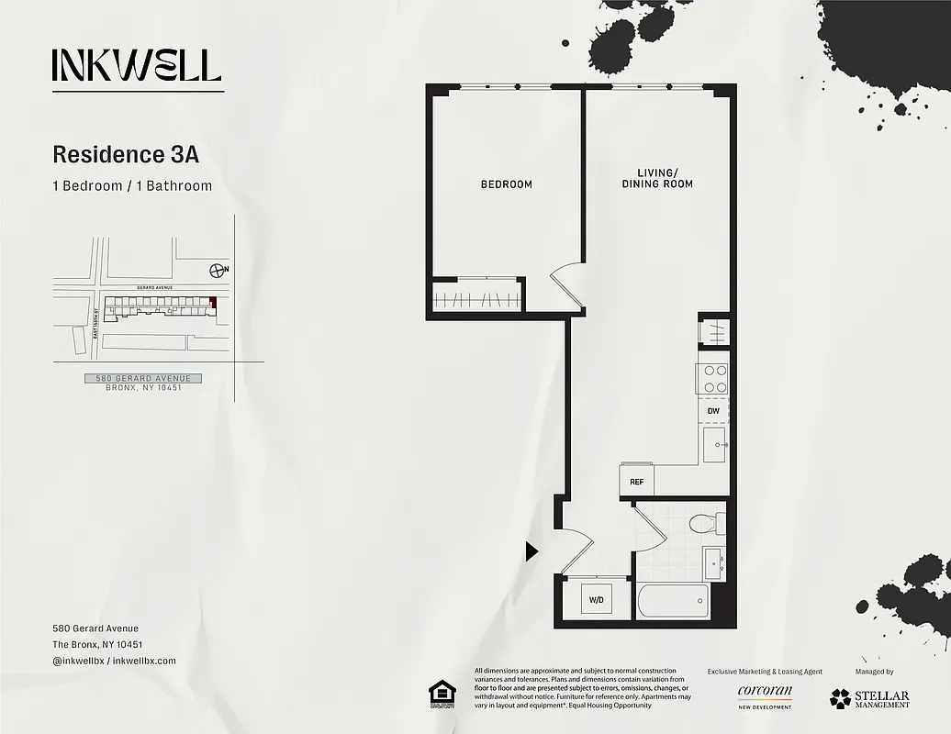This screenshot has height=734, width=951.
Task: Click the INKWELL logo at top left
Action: coord(137,65)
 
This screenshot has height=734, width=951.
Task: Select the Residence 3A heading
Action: coord(126,153)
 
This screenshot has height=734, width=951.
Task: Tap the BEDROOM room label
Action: coord(507,184)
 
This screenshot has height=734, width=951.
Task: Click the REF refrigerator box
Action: coord(636,481)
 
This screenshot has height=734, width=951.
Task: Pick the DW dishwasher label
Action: coord(713,411)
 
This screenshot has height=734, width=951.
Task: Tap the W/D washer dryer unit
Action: coord(597,600)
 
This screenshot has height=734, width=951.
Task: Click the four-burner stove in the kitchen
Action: coord(714,379)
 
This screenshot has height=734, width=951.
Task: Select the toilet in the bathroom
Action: coord(707,525)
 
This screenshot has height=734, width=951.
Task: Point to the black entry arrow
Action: coord(531,550)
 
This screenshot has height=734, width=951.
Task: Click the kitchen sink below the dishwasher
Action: coord(714,445)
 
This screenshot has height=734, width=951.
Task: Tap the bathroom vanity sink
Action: coord(714,562)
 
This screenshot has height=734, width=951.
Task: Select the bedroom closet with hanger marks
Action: coord(477,299)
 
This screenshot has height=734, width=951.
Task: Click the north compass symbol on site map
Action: coord(218,269)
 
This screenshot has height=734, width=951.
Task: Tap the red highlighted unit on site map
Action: coord(213,302)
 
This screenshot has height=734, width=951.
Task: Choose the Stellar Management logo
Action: coord(869,698)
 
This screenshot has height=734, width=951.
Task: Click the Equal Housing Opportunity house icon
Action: coord(442,695)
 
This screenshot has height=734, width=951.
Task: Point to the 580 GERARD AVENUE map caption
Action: coord(142,378)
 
